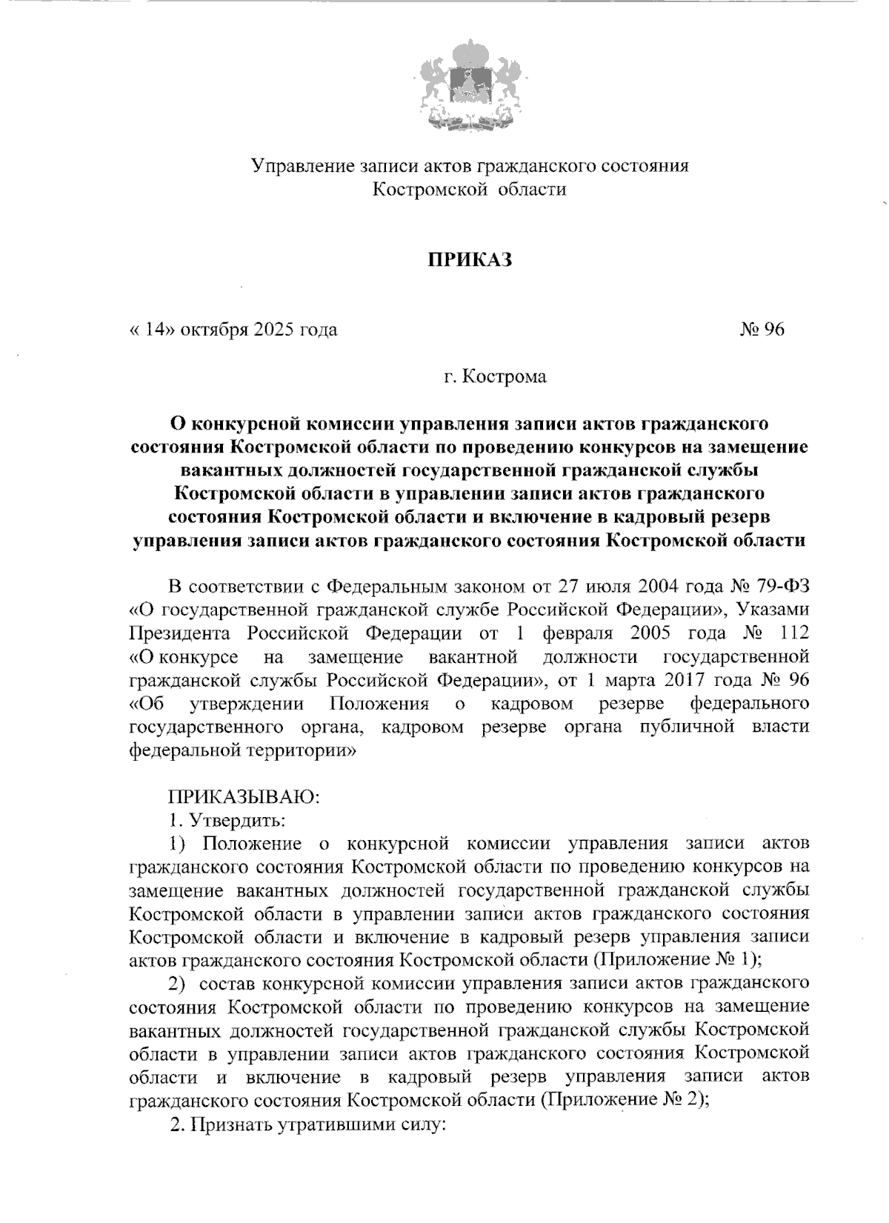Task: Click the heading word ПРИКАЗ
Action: click(x=470, y=261)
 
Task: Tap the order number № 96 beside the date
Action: click(x=762, y=329)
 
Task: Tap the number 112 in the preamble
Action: click(x=790, y=633)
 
